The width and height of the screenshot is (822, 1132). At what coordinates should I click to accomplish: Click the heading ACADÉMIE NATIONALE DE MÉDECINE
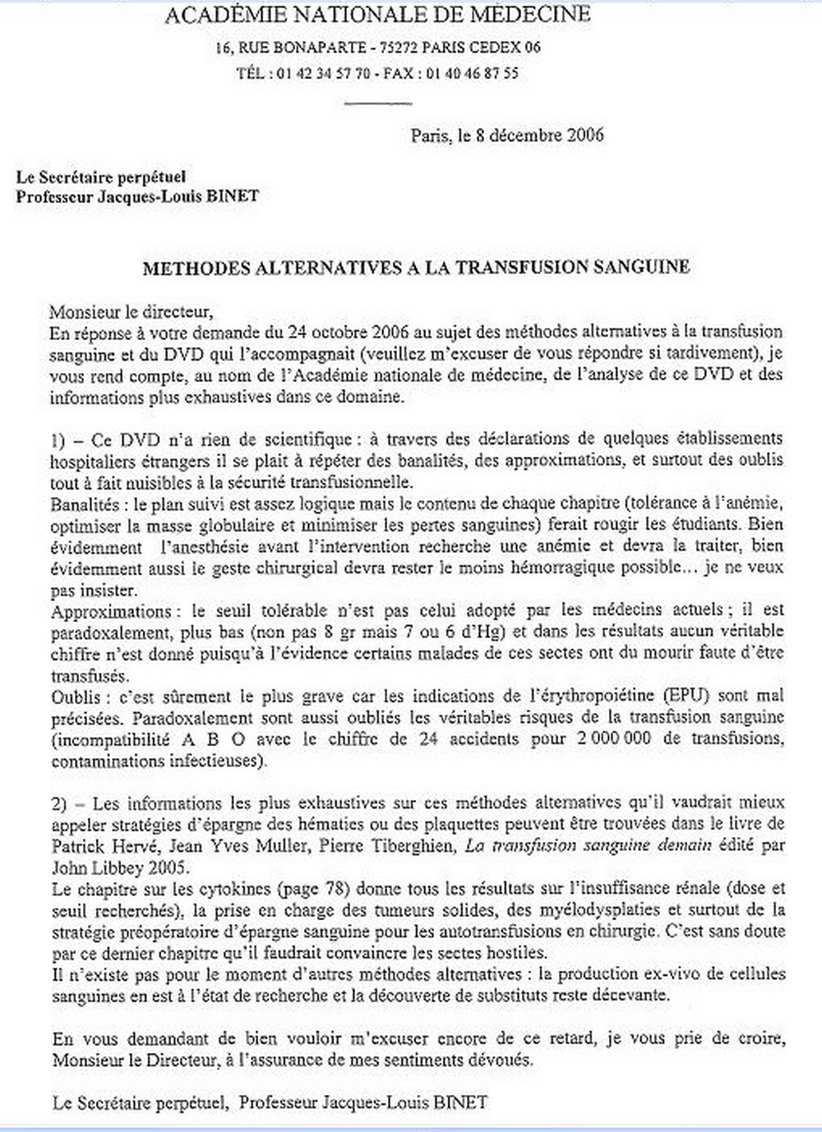377,14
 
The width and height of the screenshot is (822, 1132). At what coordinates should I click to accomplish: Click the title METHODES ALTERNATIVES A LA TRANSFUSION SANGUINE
416,268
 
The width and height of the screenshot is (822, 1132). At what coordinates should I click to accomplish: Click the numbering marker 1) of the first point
58,439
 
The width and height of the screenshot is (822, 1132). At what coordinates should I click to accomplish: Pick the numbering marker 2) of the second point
59,803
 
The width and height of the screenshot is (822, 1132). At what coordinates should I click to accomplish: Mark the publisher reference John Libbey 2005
107,867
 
